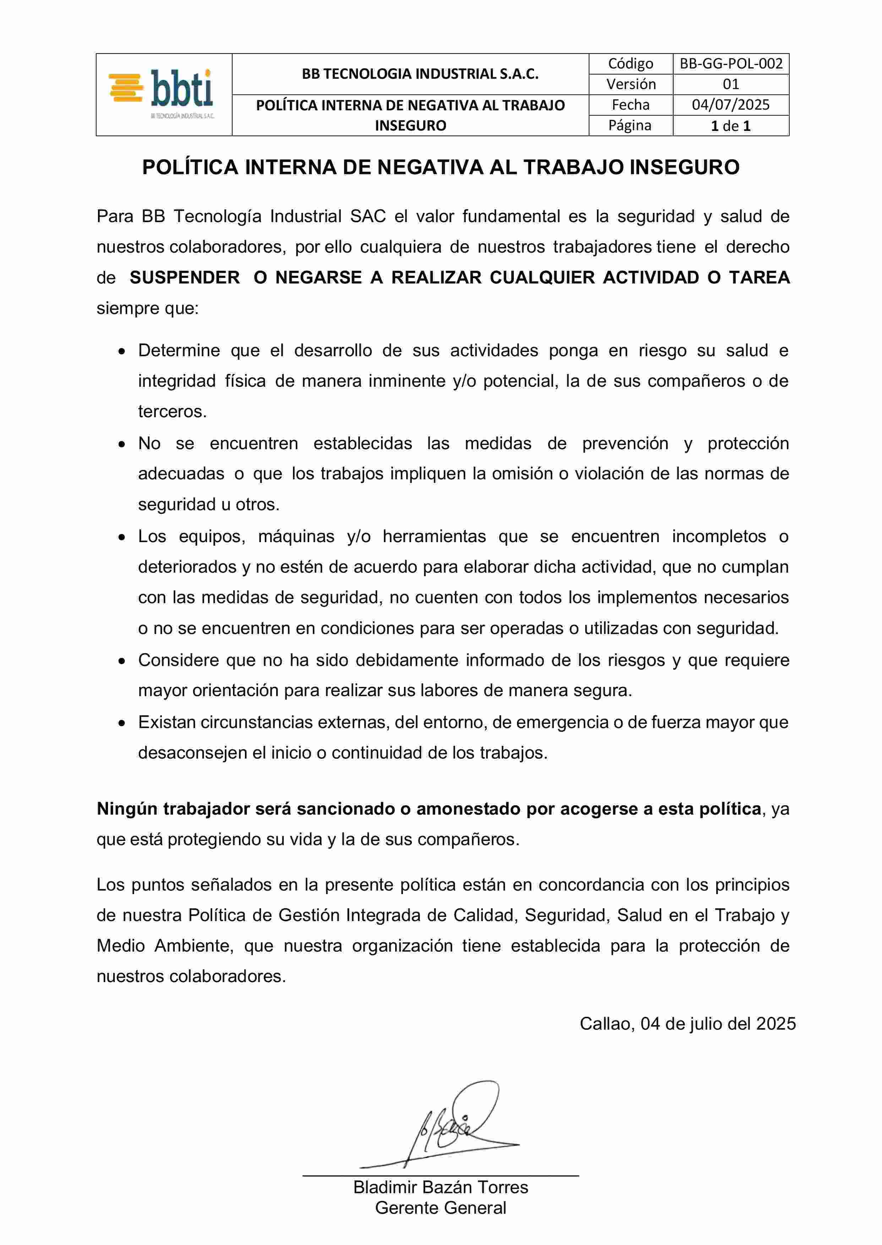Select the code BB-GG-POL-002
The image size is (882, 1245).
(731, 64)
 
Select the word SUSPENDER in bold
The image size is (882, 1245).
(185, 278)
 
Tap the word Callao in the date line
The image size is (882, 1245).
(607, 1024)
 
